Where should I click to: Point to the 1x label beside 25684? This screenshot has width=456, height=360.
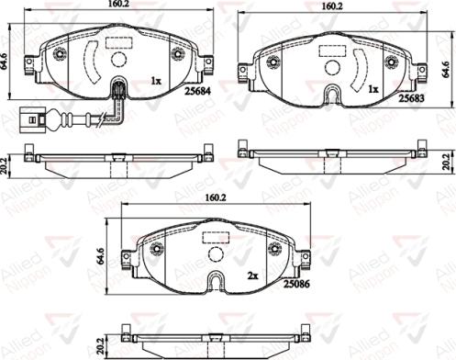(x=157, y=80)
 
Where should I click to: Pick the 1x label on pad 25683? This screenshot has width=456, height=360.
(x=373, y=91)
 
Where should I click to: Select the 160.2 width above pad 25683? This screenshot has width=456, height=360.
(x=331, y=6)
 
